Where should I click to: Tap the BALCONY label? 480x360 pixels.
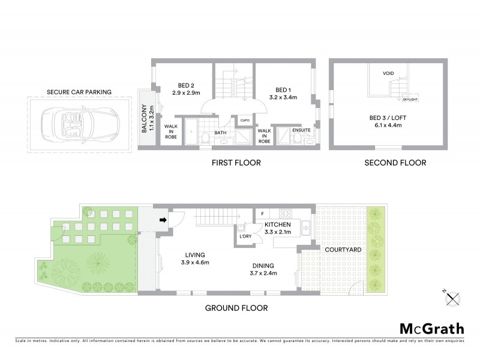pyautogui.click(x=144, y=118)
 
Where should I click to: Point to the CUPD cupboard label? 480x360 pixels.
pyautogui.click(x=245, y=121)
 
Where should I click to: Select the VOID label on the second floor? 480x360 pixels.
pyautogui.click(x=388, y=74)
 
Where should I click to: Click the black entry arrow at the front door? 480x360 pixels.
pyautogui.click(x=163, y=220)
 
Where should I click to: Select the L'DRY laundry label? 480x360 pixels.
pyautogui.click(x=245, y=236)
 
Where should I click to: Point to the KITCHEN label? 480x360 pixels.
pyautogui.click(x=278, y=224)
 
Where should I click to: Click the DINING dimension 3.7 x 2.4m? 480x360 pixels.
pyautogui.click(x=263, y=274)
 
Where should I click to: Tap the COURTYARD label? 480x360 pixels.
pyautogui.click(x=340, y=249)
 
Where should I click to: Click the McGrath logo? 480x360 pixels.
pyautogui.click(x=431, y=328)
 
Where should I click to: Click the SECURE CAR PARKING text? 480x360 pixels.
pyautogui.click(x=79, y=92)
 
